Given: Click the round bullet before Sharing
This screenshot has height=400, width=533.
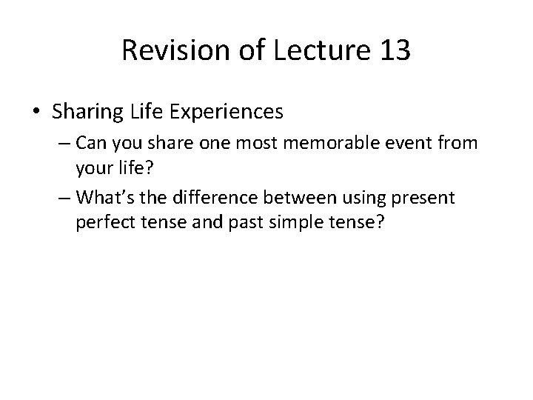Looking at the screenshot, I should click(37, 112).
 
